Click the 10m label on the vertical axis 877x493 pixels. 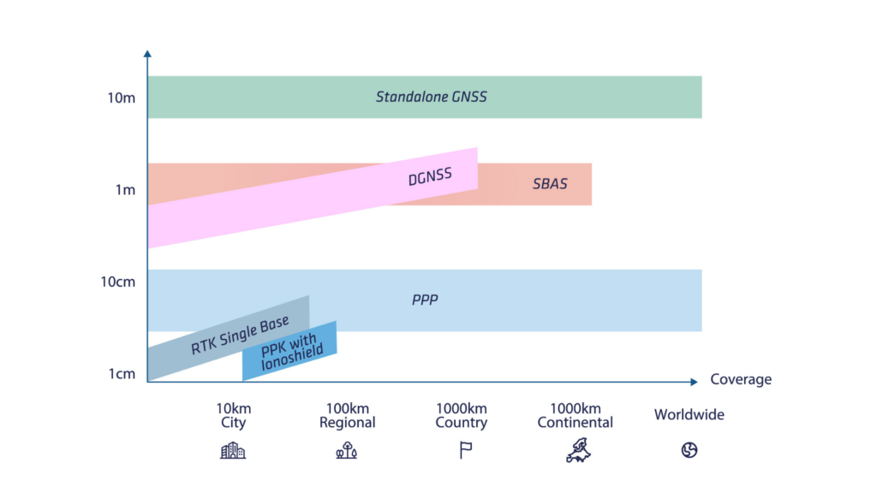click(x=121, y=98)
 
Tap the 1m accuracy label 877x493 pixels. click(x=125, y=189)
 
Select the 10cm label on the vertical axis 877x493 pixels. click(x=118, y=282)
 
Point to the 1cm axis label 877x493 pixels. click(x=121, y=374)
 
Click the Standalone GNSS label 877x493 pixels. click(x=431, y=97)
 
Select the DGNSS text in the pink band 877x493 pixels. click(x=430, y=178)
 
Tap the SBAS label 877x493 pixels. click(x=549, y=184)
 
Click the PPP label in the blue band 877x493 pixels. click(x=425, y=300)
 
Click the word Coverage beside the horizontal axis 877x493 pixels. click(x=740, y=379)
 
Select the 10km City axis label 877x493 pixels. click(x=233, y=415)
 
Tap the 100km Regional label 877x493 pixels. click(x=347, y=415)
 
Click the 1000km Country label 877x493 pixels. click(x=461, y=415)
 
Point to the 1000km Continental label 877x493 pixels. click(x=575, y=415)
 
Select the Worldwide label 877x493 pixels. click(x=689, y=414)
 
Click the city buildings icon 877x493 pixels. click(x=232, y=451)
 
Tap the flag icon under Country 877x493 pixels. click(x=465, y=451)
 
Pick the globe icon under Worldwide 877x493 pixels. click(x=689, y=450)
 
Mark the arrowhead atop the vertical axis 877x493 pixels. click(x=147, y=54)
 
